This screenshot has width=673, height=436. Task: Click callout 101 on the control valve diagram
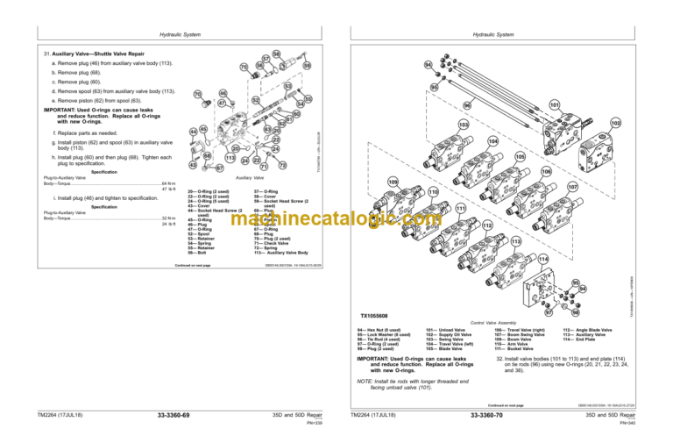pyautogui.click(x=530, y=104)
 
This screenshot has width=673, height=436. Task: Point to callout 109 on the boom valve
pyautogui.click(x=393, y=182)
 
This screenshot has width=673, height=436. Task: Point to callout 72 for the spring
pyautogui.click(x=283, y=165)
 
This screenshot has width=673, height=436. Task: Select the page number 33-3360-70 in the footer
pyautogui.click(x=485, y=414)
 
